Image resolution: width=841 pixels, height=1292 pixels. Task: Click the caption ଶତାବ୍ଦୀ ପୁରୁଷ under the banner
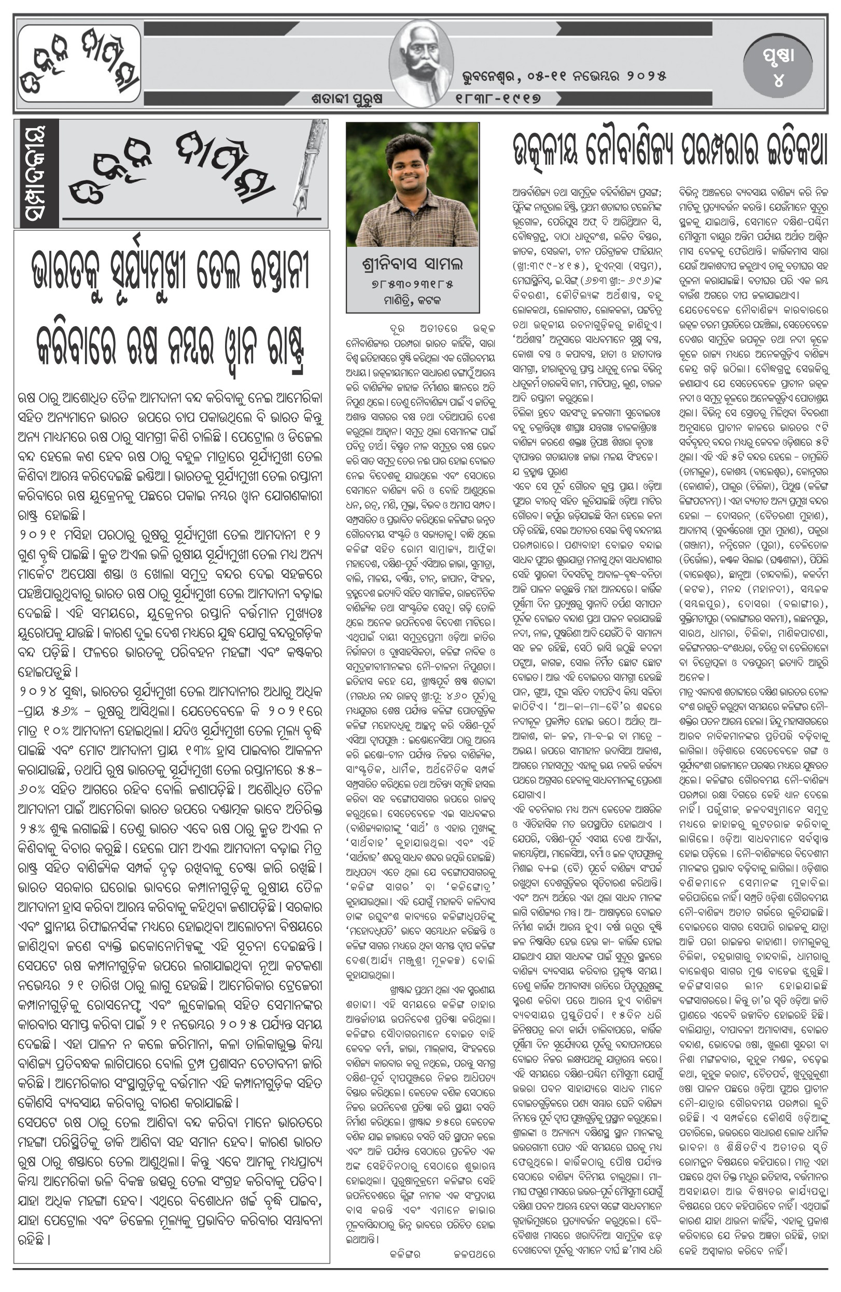pos(347,99)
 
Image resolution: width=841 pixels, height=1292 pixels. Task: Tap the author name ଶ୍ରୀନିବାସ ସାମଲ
pos(412,264)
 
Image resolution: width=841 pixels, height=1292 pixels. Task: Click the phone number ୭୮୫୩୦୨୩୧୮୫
pos(412,284)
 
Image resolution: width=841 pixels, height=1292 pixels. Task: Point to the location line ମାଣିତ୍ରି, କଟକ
pos(412,300)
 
